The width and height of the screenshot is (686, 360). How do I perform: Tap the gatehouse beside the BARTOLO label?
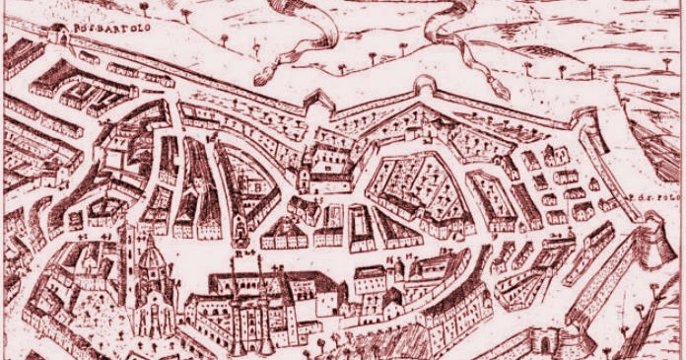pyautogui.click(x=61, y=36)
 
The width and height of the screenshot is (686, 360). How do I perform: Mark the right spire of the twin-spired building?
pyautogui.click(x=266, y=287)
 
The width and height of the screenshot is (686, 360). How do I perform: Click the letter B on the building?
pyautogui.click(x=254, y=184)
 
